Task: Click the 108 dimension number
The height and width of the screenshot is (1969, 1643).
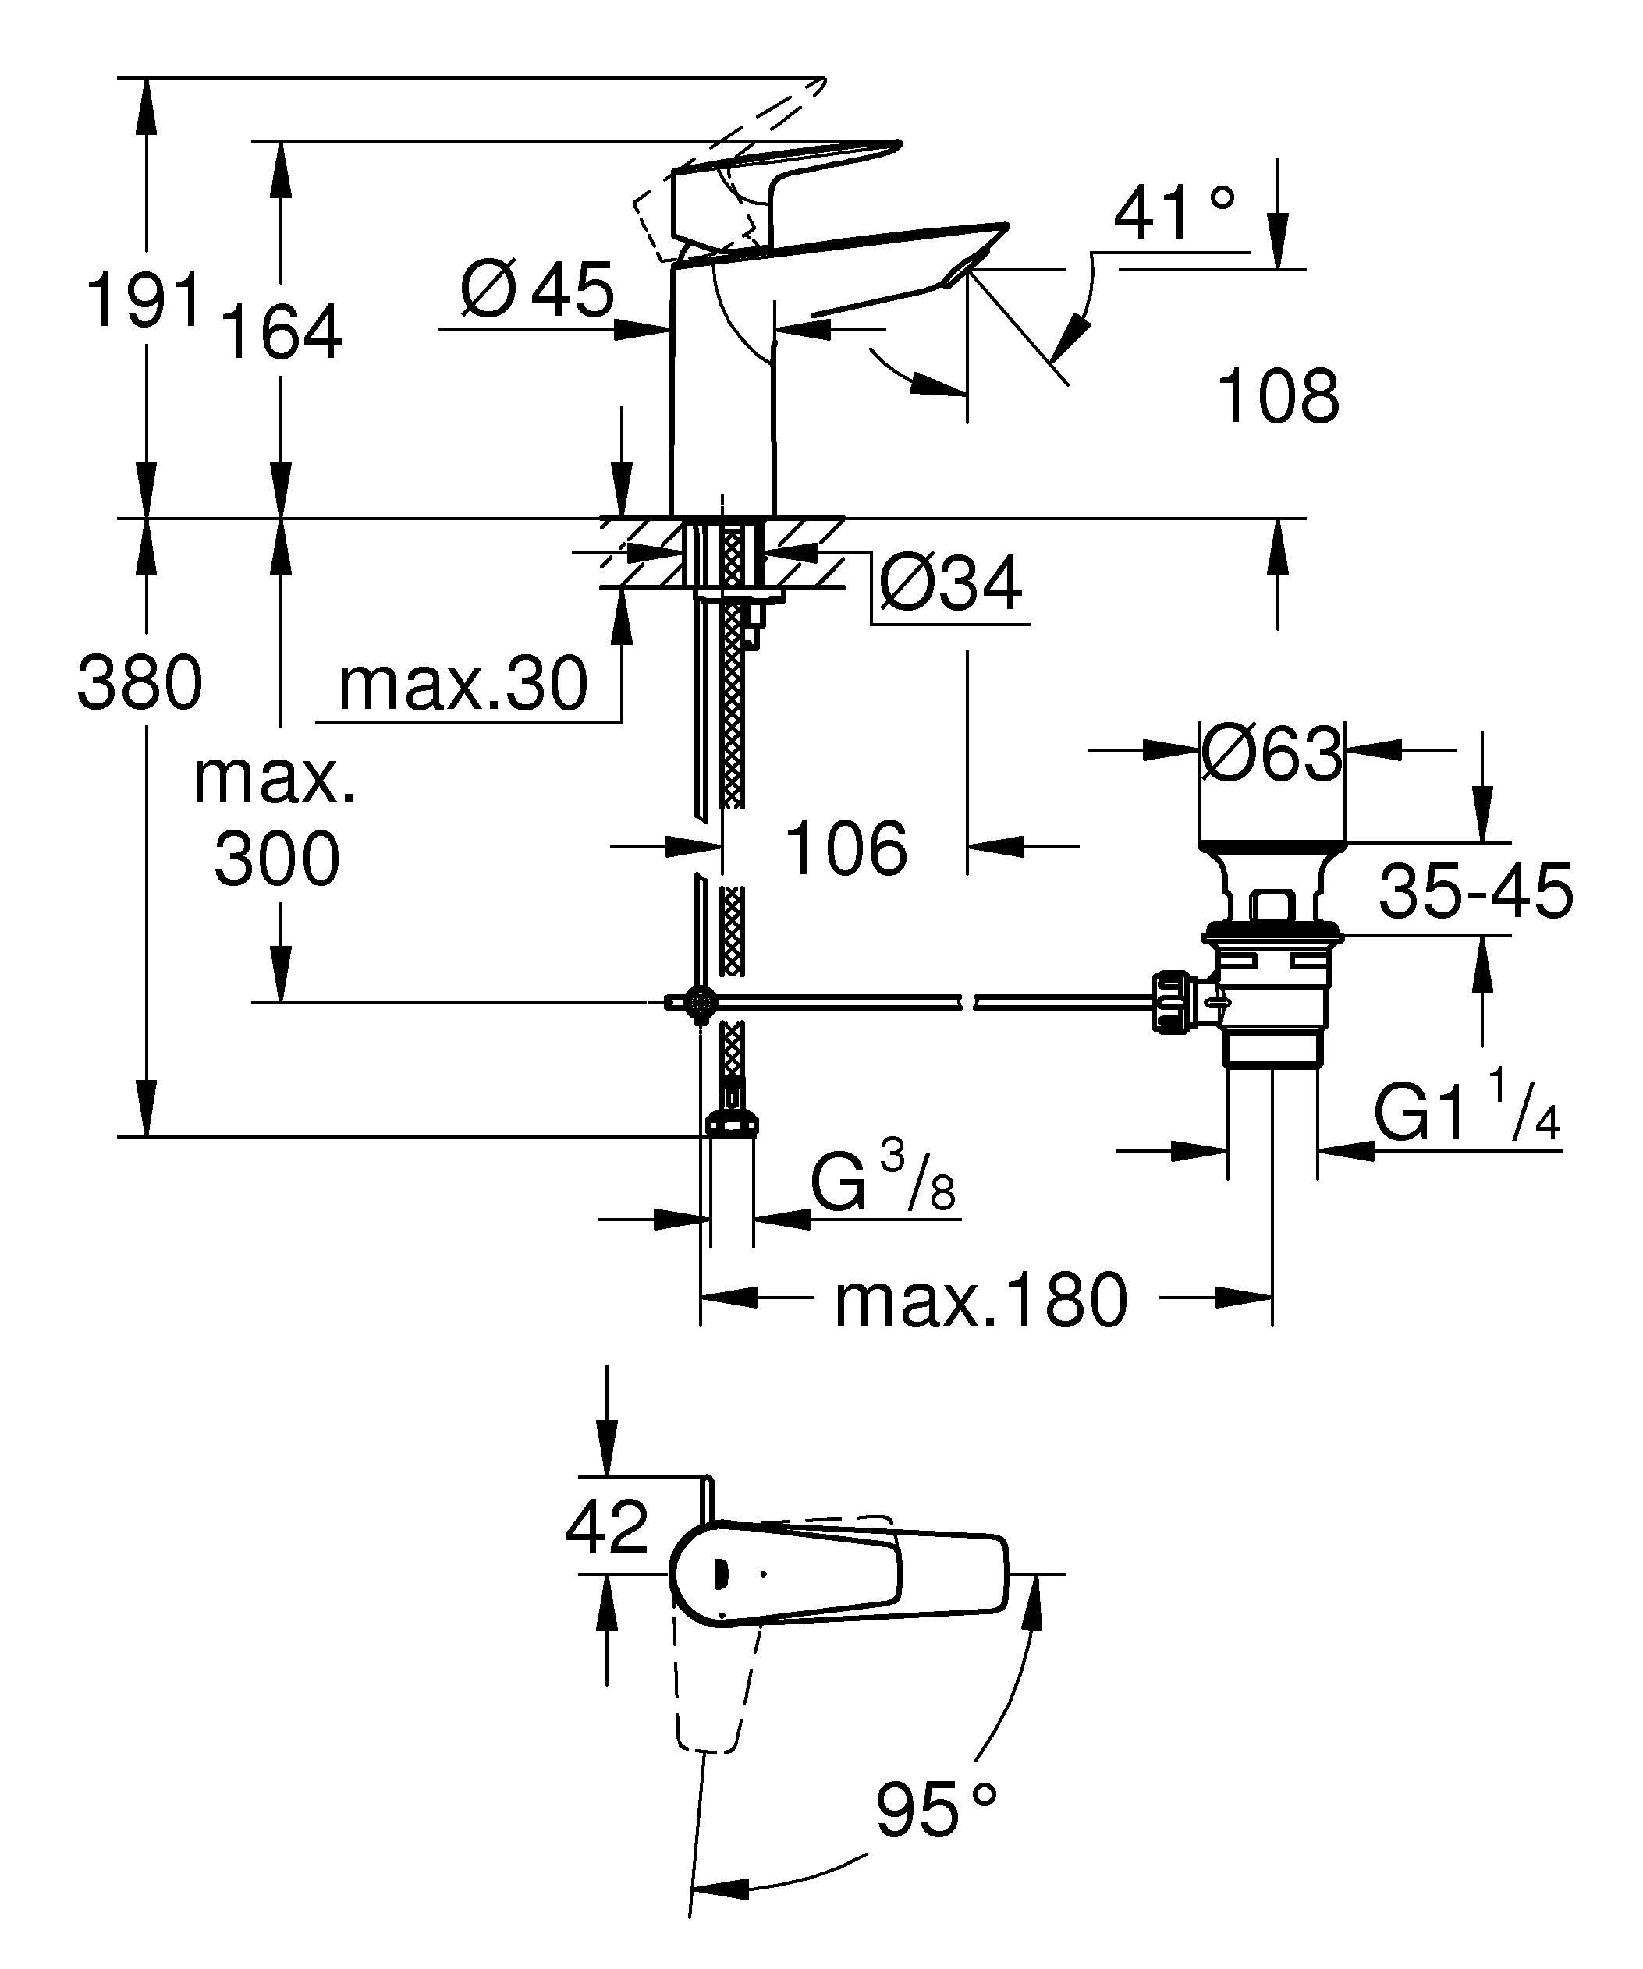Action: (1277, 397)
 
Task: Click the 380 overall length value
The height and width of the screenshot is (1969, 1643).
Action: (140, 682)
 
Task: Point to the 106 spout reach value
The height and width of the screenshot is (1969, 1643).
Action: (845, 848)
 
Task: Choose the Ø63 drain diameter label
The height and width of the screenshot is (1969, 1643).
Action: (1272, 754)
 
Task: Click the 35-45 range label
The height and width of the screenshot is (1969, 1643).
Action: (1475, 891)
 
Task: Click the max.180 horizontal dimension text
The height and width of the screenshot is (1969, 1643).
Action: (980, 1301)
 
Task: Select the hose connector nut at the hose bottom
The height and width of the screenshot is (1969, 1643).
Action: (729, 1125)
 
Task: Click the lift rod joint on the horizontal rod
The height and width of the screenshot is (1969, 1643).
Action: (700, 1002)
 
